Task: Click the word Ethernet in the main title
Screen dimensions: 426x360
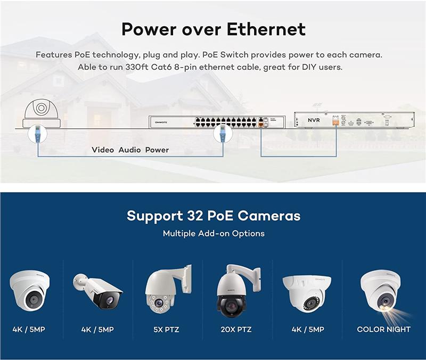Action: [x=266, y=29]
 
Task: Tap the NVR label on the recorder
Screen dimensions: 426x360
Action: [x=314, y=120]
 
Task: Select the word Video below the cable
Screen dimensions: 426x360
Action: [x=103, y=150]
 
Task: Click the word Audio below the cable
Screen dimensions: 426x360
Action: [x=129, y=150]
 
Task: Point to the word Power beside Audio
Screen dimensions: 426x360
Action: [x=157, y=150]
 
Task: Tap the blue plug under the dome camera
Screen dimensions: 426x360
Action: [x=37, y=134]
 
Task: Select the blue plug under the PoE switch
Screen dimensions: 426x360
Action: [x=223, y=134]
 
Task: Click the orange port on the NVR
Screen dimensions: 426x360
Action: [x=336, y=120]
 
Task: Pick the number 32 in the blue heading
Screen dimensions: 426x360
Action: [x=195, y=216]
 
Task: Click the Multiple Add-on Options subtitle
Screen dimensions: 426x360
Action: [x=214, y=233]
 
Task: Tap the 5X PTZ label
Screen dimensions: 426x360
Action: [x=166, y=330]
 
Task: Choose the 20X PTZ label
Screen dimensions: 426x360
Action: [x=236, y=330]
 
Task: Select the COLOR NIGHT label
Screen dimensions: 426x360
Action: [x=383, y=329]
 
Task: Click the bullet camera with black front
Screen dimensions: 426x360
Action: [x=98, y=291]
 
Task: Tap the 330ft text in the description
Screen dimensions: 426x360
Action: [x=137, y=67]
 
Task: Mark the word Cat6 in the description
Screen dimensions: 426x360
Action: [x=161, y=67]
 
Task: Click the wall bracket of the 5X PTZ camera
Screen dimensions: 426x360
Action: [x=187, y=276]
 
